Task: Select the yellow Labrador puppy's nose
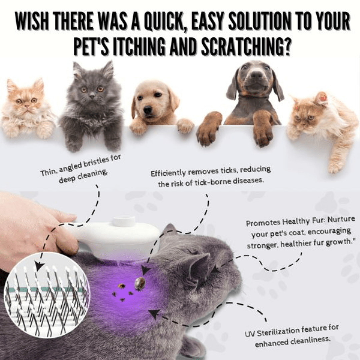148,109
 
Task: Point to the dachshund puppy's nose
257,75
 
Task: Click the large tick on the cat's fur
139,283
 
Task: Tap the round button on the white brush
124,221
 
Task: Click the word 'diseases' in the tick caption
247,180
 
